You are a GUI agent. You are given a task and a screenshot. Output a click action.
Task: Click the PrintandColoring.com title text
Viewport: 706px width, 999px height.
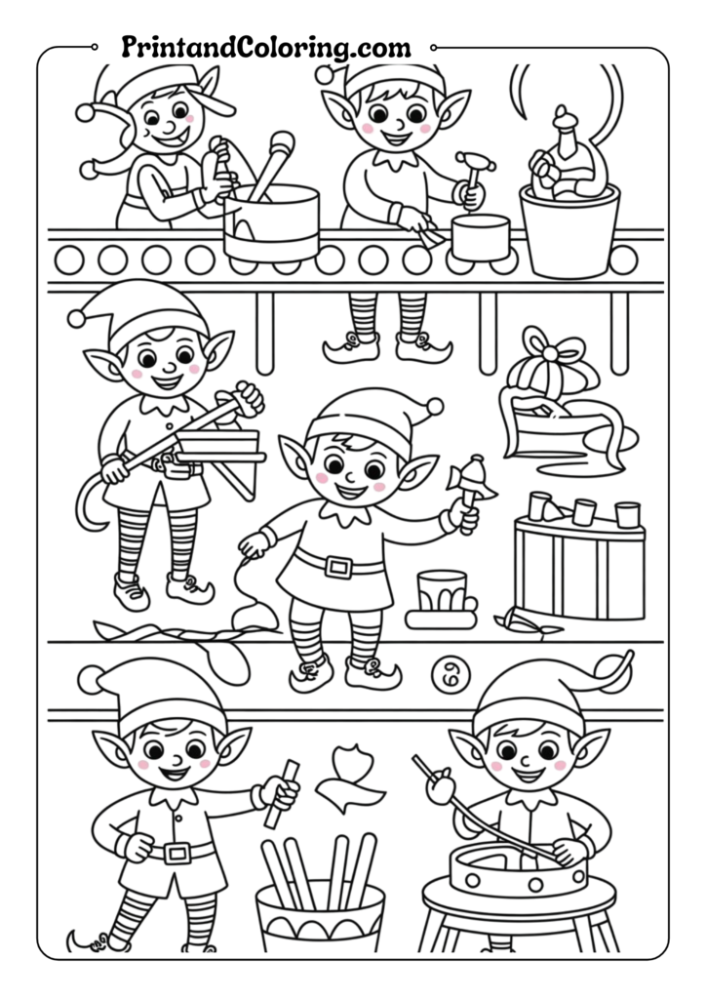click(265, 46)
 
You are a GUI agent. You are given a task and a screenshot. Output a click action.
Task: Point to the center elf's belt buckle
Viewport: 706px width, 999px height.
click(338, 566)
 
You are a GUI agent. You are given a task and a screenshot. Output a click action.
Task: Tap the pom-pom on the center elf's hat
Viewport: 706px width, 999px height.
click(434, 406)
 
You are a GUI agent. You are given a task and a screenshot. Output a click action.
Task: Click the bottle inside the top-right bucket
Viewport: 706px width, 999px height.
click(562, 156)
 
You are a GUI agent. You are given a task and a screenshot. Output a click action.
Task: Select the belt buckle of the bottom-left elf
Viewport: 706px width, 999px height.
click(176, 853)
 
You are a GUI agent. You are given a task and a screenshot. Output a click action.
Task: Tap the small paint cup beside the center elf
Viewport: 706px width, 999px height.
click(441, 593)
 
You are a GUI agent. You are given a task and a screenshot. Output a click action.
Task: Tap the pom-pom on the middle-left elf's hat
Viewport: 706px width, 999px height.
click(76, 317)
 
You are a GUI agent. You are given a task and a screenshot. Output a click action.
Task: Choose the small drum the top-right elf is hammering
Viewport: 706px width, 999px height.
click(479, 238)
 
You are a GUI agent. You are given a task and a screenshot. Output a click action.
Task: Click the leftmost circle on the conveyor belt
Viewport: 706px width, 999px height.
click(69, 260)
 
